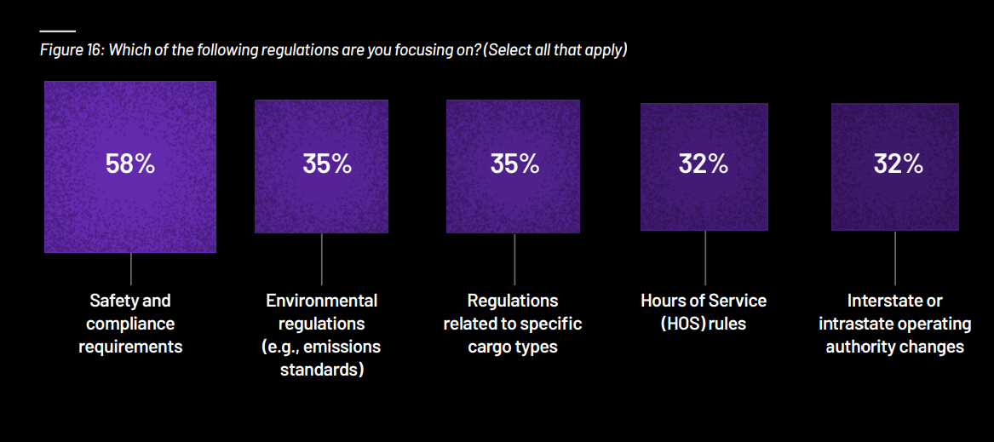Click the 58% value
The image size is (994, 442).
click(130, 164)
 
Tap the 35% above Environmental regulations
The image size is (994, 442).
click(327, 164)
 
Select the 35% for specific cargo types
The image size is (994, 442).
click(514, 164)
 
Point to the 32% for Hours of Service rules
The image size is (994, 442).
click(704, 164)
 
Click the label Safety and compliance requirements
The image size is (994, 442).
click(130, 324)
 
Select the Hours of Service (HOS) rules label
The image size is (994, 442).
click(704, 312)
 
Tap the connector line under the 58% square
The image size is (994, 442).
click(130, 269)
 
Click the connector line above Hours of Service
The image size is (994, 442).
click(705, 257)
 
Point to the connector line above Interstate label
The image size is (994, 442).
click(895, 257)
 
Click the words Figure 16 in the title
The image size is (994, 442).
click(71, 51)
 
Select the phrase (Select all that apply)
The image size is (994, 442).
click(554, 51)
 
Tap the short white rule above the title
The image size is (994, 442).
click(58, 31)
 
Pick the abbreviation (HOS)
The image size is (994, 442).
click(683, 324)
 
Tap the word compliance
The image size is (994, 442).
click(130, 324)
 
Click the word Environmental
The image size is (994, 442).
click(321, 300)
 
